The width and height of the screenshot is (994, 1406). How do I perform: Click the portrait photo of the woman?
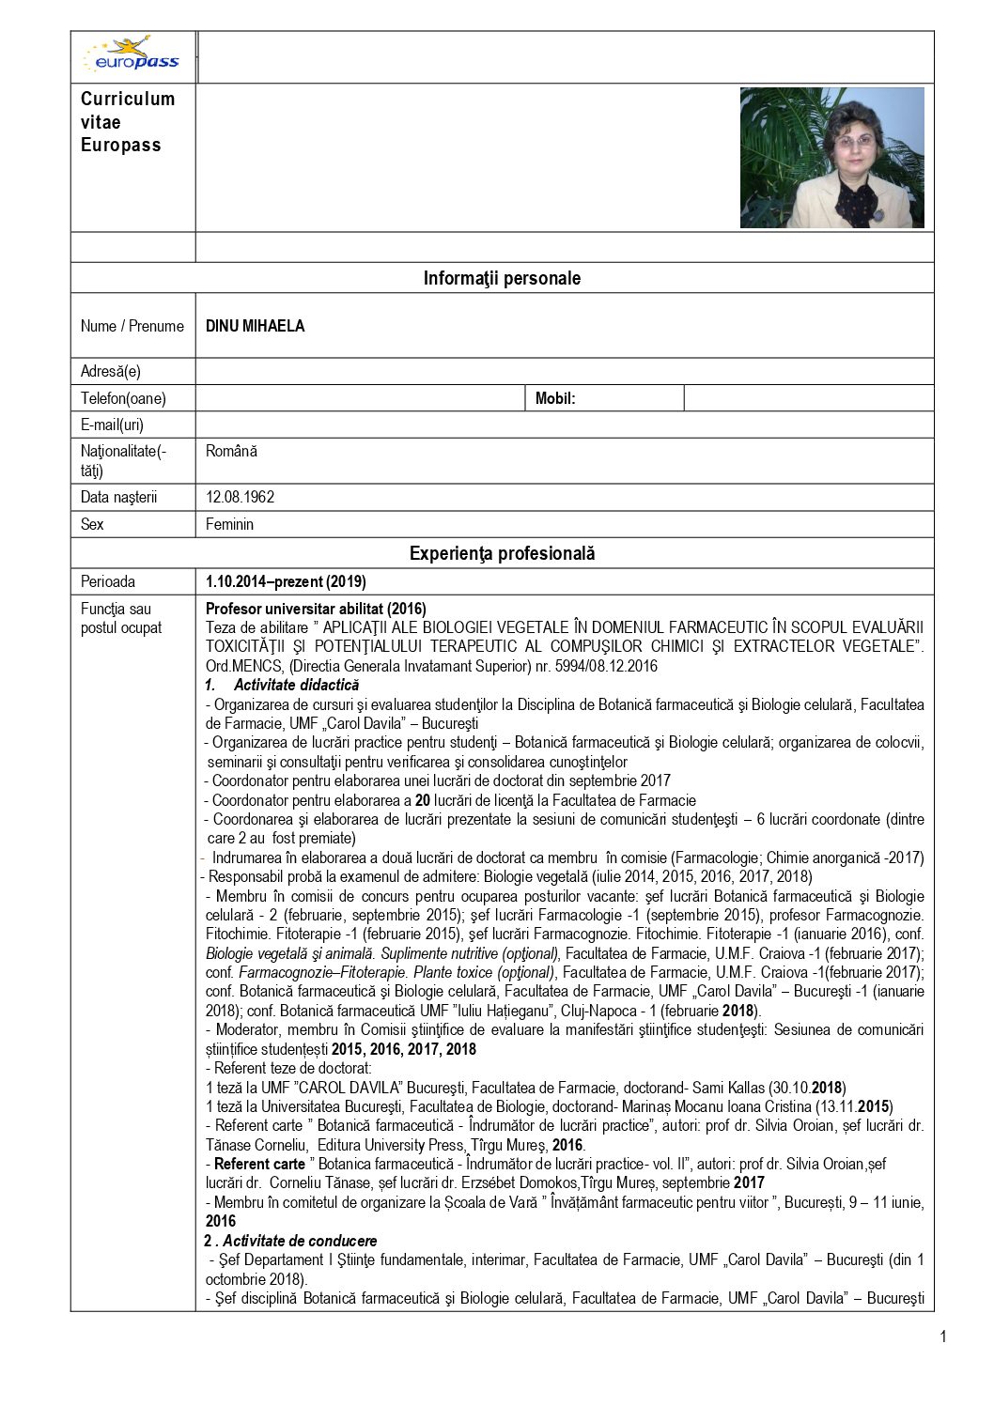click(831, 158)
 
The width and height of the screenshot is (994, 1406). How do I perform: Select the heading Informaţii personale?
click(502, 278)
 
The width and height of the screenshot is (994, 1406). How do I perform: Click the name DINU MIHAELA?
click(256, 326)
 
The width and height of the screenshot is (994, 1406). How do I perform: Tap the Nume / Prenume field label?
click(132, 326)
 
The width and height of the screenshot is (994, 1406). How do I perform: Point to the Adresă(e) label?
click(111, 371)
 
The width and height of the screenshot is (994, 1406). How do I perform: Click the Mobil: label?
click(555, 398)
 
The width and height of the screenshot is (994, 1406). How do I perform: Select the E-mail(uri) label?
click(113, 425)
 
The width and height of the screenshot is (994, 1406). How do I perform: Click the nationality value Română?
click(231, 451)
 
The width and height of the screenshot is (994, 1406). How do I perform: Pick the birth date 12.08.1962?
click(241, 497)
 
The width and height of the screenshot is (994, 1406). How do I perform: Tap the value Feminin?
click(230, 524)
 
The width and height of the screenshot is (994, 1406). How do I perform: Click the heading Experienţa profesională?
click(502, 553)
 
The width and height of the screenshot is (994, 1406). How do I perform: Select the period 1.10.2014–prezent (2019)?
click(286, 581)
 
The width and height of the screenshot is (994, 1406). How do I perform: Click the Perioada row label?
click(108, 581)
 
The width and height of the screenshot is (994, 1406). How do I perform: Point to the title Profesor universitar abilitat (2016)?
click(316, 609)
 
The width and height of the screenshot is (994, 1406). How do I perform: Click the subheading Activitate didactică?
click(296, 685)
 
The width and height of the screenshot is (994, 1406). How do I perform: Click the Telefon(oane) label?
click(123, 398)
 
